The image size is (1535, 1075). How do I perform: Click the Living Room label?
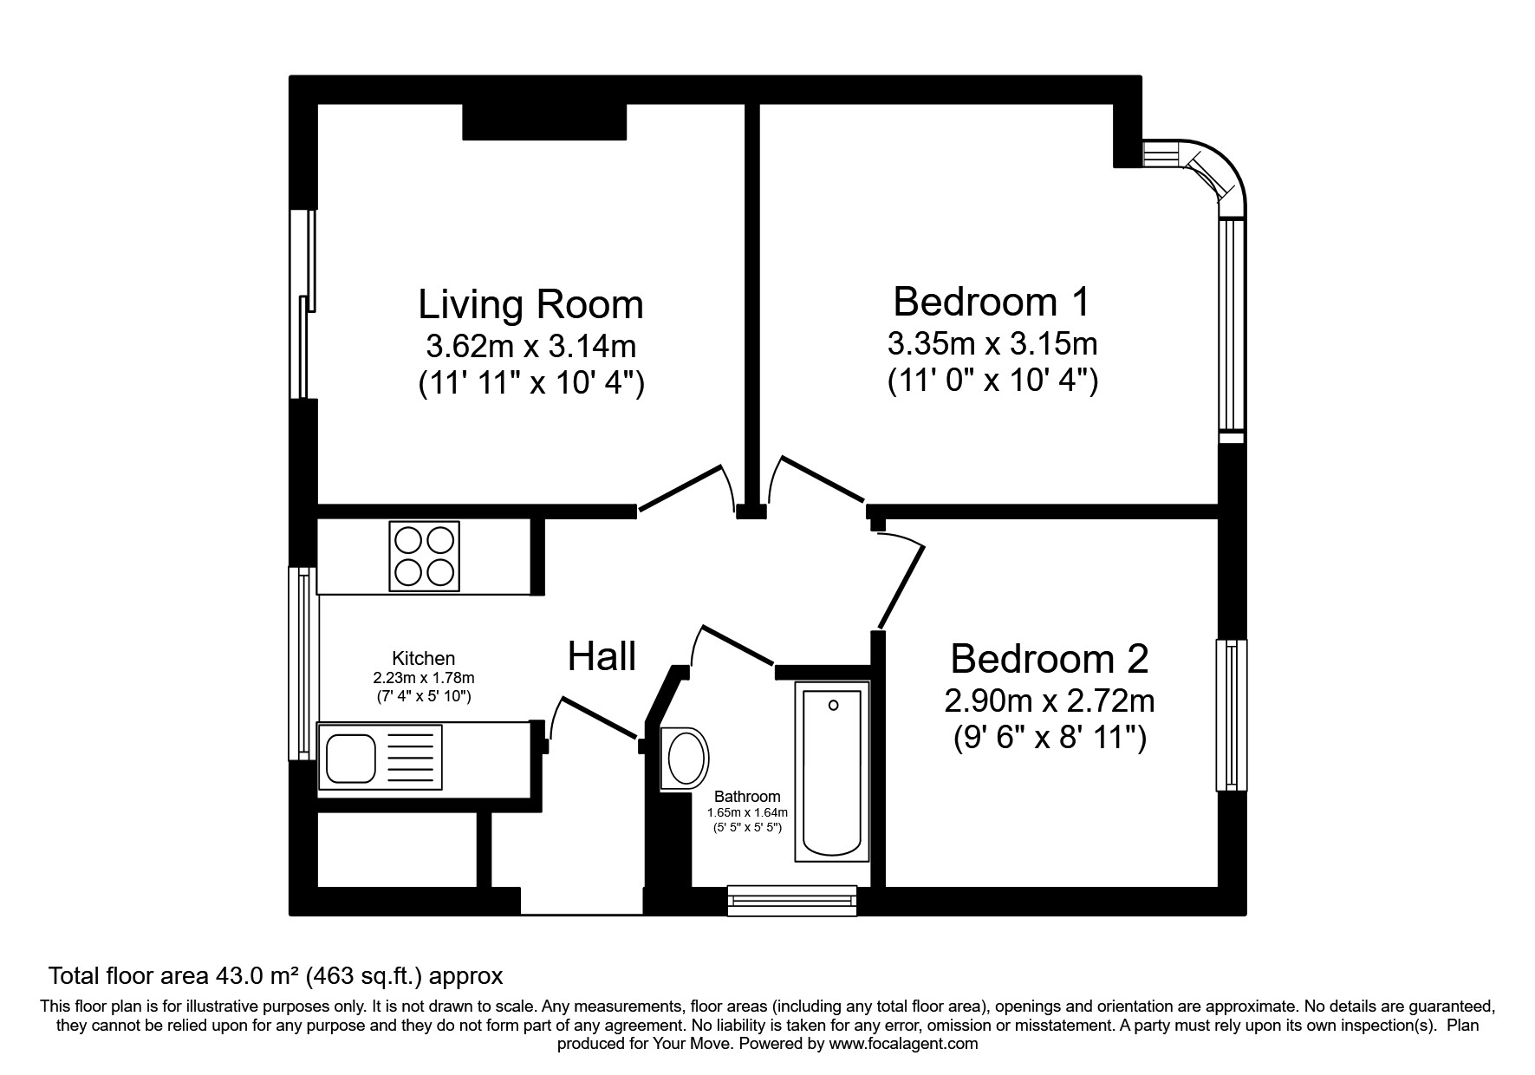(530, 305)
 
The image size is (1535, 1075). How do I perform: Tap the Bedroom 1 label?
(992, 302)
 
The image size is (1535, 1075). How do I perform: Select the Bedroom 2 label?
(1049, 659)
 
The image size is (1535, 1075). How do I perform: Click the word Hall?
(602, 656)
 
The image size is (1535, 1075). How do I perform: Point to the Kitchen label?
(423, 659)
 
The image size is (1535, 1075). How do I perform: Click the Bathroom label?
(747, 797)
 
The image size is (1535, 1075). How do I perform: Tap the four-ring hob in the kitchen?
(425, 556)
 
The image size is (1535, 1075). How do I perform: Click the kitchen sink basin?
(349, 757)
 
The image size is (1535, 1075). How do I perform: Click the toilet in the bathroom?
(684, 759)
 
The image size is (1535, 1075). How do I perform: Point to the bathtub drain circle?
(833, 705)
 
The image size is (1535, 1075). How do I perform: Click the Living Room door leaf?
(680, 487)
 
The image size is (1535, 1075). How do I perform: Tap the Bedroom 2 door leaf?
(901, 586)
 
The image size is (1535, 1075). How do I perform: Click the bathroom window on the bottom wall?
(792, 901)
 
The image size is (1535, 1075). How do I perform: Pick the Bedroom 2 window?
(1231, 715)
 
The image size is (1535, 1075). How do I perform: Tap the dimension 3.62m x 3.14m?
(530, 347)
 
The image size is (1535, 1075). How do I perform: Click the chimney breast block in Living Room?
(544, 122)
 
